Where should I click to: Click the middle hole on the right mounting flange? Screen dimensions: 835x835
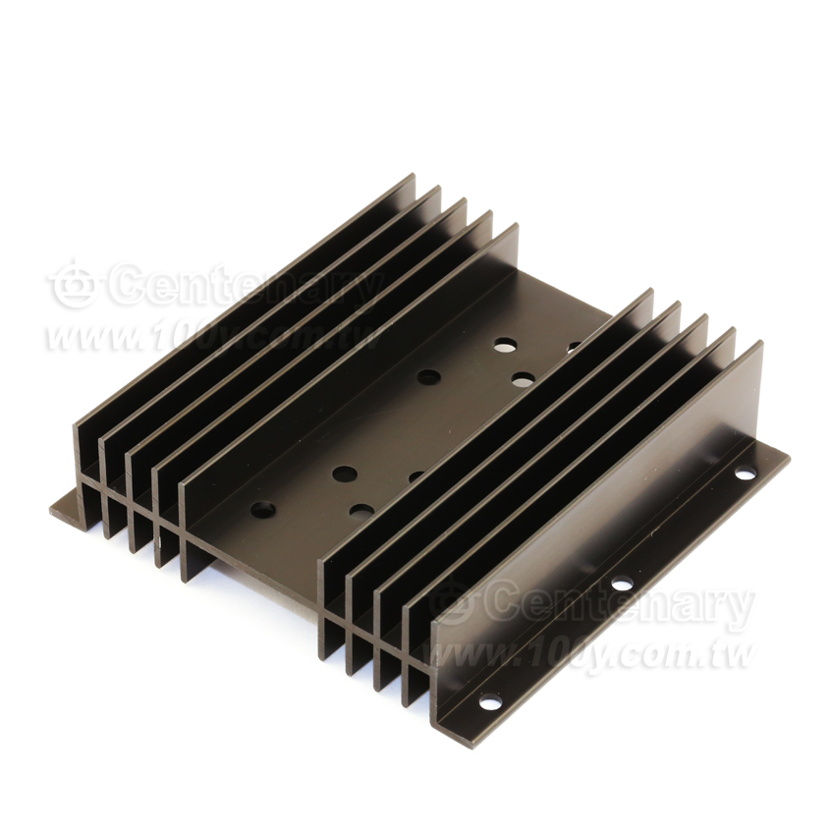tap(622, 584)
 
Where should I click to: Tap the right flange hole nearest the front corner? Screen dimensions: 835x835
tap(490, 702)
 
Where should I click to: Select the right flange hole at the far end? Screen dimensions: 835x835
tap(745, 472)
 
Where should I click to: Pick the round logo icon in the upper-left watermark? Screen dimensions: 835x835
tap(73, 285)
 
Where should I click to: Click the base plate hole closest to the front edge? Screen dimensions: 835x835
tap(263, 510)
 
